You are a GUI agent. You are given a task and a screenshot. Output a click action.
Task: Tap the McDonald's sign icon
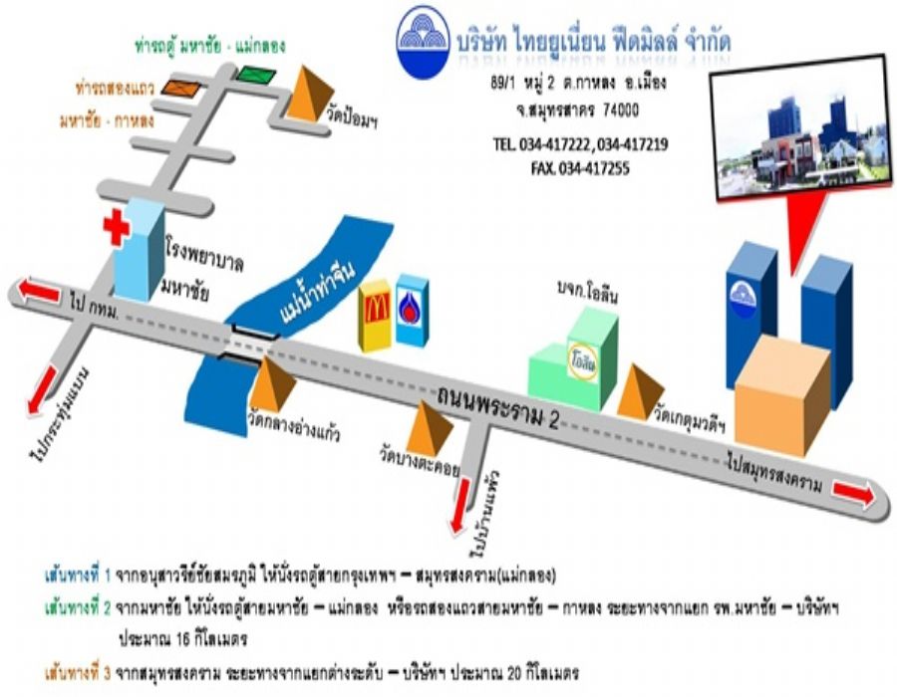click(376, 315)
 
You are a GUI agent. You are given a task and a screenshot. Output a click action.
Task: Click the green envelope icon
click(254, 74)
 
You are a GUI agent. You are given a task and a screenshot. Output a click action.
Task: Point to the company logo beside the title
click(424, 42)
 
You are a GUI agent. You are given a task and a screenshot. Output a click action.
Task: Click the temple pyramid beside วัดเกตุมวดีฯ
click(640, 389)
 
